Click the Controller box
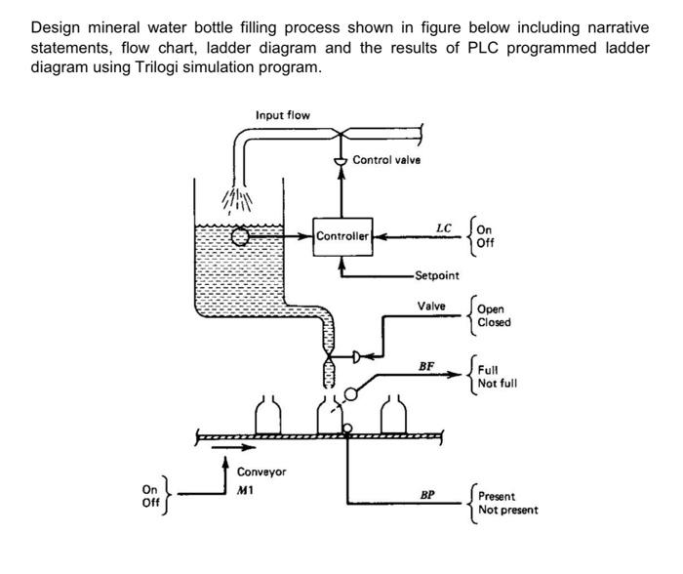click(x=342, y=235)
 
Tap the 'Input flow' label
click(x=283, y=115)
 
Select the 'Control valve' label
click(x=386, y=160)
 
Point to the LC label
click(x=444, y=229)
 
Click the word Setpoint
click(x=436, y=276)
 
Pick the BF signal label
click(x=425, y=366)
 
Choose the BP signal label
click(x=426, y=495)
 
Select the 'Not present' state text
click(x=507, y=511)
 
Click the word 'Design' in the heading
click(x=54, y=26)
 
